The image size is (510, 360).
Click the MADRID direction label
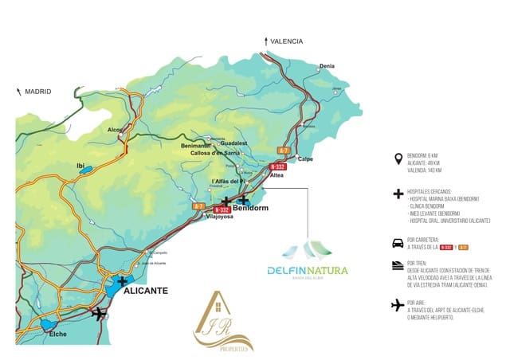(37, 92)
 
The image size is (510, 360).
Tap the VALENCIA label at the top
(286, 41)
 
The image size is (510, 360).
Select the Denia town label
(327, 66)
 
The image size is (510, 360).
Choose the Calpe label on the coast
(305, 158)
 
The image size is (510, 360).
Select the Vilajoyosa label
(219, 216)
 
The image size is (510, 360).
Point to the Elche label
(58, 335)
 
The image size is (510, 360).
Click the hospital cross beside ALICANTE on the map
(122, 280)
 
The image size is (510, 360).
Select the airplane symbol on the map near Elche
(99, 313)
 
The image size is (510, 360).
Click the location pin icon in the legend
(397, 158)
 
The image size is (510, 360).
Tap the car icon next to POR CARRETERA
(397, 243)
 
